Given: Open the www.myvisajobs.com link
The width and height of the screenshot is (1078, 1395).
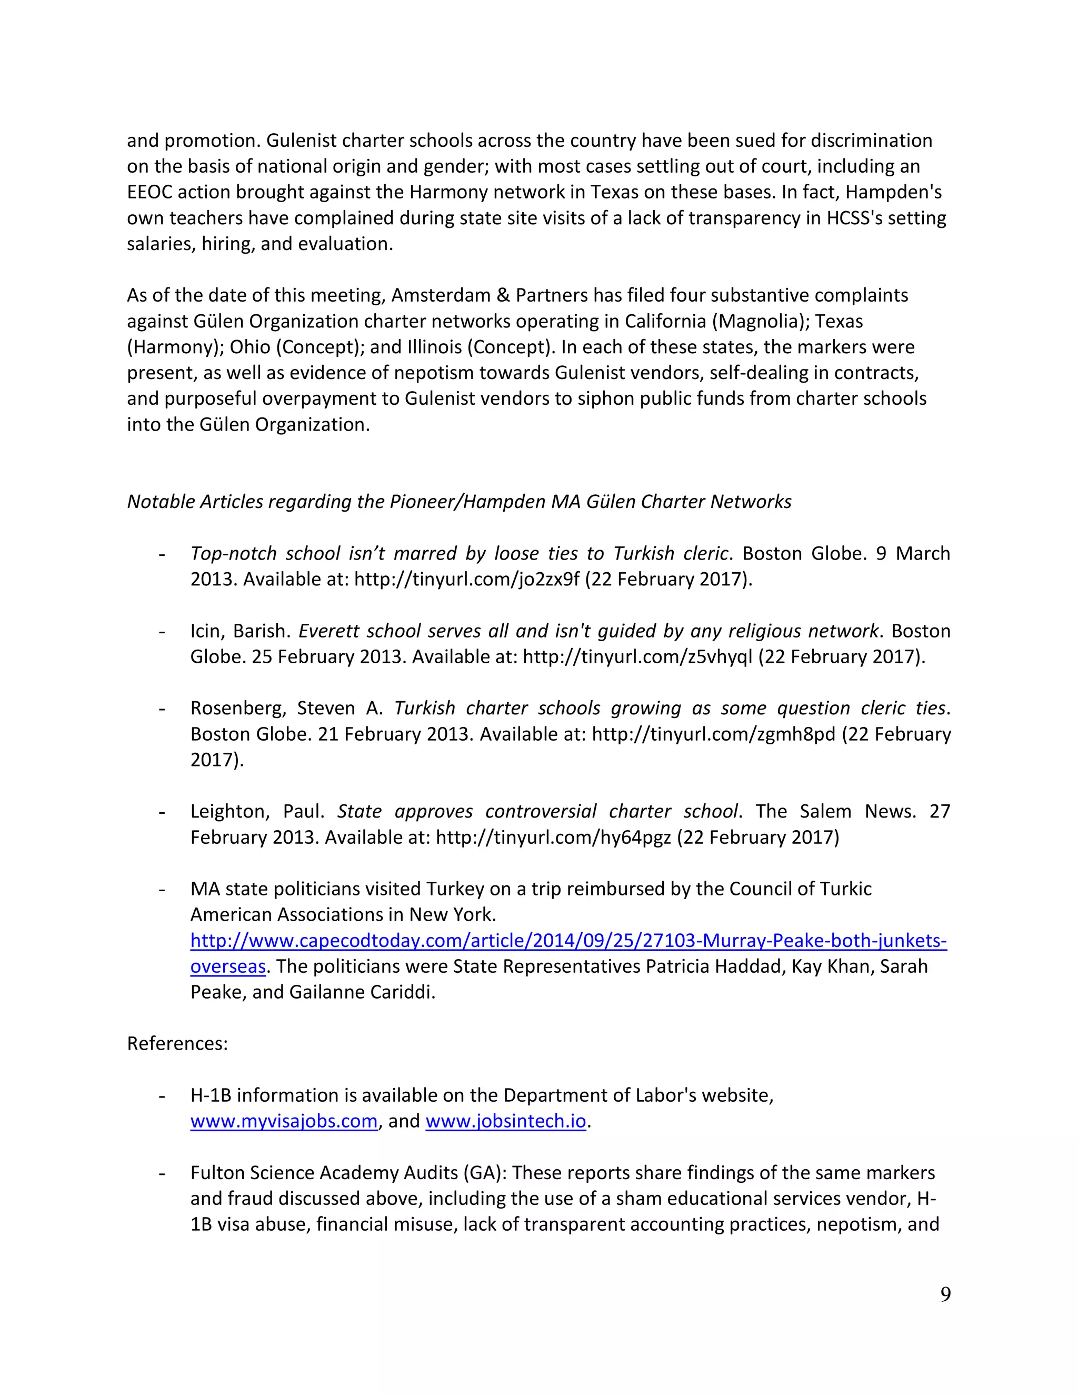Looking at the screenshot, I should [284, 1121].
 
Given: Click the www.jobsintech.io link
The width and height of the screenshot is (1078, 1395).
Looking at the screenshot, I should [505, 1121].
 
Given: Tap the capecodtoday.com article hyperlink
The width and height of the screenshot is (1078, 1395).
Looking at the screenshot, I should [568, 941].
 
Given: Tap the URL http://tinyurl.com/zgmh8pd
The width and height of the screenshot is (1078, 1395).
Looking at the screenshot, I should [713, 734].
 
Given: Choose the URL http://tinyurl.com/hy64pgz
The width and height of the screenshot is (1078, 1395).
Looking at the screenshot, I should [553, 837].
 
